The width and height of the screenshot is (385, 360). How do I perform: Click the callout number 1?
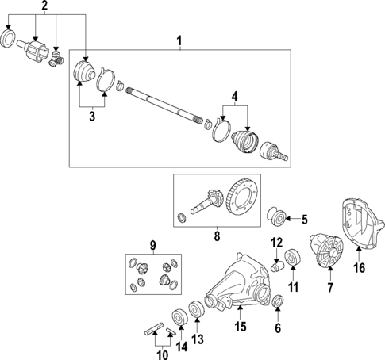[x=179, y=41]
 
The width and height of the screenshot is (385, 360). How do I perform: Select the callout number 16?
[x=359, y=268]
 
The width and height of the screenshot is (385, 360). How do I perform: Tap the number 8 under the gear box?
[x=217, y=236]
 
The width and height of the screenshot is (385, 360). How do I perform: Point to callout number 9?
[x=153, y=246]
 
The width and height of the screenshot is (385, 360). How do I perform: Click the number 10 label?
[x=162, y=354]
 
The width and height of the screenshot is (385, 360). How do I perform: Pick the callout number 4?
[x=234, y=97]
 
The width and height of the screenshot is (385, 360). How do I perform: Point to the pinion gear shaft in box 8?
[x=206, y=202]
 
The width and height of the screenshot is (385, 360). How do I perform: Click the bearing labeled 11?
[x=293, y=256]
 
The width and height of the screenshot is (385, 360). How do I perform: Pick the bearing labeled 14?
[x=180, y=317]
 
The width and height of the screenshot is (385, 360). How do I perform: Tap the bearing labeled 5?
[x=276, y=216]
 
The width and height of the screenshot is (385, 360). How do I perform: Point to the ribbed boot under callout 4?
[x=244, y=142]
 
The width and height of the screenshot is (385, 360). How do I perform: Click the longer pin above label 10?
[x=154, y=329]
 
